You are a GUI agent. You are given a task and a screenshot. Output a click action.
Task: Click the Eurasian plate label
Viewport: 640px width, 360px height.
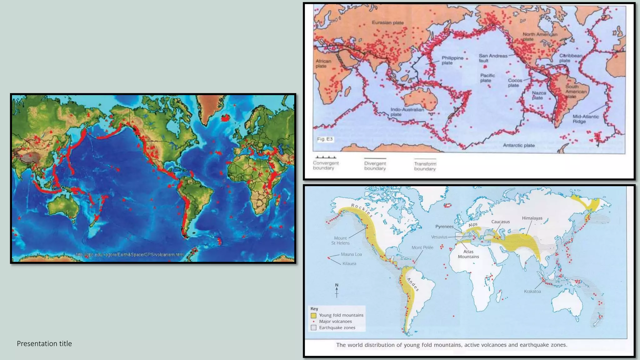point(387,22)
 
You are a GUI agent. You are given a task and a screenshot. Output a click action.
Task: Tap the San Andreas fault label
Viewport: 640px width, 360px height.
point(493,58)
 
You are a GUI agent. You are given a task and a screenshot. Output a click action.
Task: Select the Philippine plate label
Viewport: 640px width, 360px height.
point(452,60)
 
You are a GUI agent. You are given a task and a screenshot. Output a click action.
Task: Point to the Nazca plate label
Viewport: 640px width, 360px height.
point(539,95)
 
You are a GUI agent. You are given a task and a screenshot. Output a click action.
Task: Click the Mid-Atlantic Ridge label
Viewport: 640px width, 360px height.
point(586,119)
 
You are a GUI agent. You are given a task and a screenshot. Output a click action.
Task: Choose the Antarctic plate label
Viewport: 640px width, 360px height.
point(519,145)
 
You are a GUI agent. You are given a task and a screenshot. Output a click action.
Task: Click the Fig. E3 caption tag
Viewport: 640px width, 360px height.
point(325,139)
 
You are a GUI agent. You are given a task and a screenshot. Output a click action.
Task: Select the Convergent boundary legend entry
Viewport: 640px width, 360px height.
point(326,165)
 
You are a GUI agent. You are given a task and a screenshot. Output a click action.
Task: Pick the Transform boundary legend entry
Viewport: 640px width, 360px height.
point(425,166)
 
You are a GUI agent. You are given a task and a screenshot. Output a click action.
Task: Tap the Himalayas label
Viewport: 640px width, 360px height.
point(532,218)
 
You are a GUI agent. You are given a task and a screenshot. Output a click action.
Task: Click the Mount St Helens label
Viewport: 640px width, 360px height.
point(340,240)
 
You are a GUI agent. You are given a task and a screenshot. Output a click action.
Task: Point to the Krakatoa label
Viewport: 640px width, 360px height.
point(532,291)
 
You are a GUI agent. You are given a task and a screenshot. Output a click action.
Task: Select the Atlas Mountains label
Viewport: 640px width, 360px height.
point(468,254)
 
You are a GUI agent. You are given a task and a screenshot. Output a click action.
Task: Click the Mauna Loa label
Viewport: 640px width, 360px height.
point(351,254)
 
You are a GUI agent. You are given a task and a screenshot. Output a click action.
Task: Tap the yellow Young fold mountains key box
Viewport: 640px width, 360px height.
point(313,315)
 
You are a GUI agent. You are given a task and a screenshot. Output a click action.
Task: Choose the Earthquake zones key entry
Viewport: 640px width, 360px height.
point(337,327)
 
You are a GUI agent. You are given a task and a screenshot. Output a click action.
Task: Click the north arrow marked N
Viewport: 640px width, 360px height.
point(337,290)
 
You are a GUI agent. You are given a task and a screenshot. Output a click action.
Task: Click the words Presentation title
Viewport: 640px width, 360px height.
point(44,343)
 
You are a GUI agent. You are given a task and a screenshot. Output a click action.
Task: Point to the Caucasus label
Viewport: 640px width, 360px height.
point(500,222)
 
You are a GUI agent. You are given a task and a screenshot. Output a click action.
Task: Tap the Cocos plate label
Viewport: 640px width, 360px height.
point(515,83)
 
